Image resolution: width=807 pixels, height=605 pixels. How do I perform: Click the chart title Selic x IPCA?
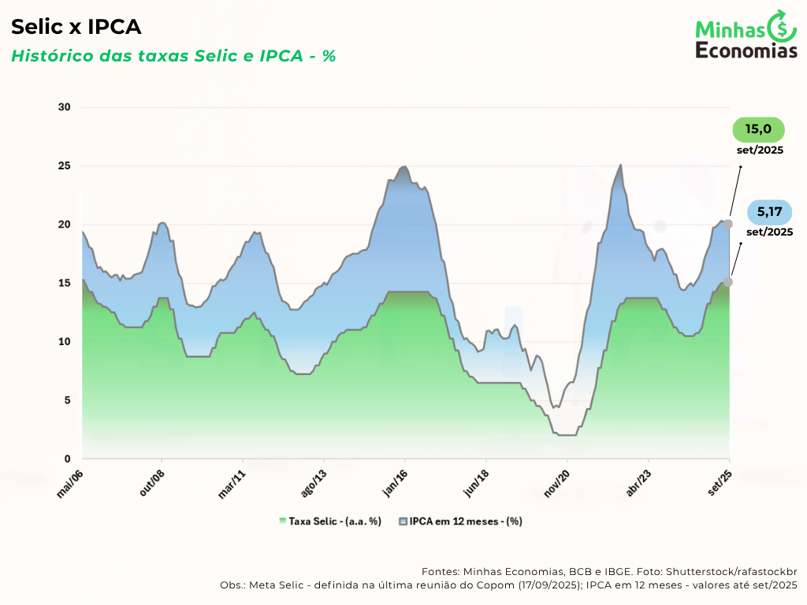(76, 28)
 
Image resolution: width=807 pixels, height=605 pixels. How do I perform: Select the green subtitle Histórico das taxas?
(173, 56)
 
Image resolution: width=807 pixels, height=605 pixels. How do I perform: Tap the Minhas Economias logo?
(746, 36)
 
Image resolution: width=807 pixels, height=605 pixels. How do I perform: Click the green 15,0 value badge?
(758, 129)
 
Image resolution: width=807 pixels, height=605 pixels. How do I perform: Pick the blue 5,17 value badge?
(768, 212)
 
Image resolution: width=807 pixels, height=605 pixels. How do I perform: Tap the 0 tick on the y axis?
(67, 458)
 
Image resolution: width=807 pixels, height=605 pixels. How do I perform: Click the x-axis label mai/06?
(71, 482)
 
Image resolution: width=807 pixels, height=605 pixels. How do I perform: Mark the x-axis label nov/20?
(556, 482)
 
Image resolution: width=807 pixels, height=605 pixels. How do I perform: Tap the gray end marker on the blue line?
(728, 224)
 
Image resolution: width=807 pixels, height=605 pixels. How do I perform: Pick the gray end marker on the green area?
(728, 281)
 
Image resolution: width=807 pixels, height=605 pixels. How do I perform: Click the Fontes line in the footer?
(609, 571)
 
